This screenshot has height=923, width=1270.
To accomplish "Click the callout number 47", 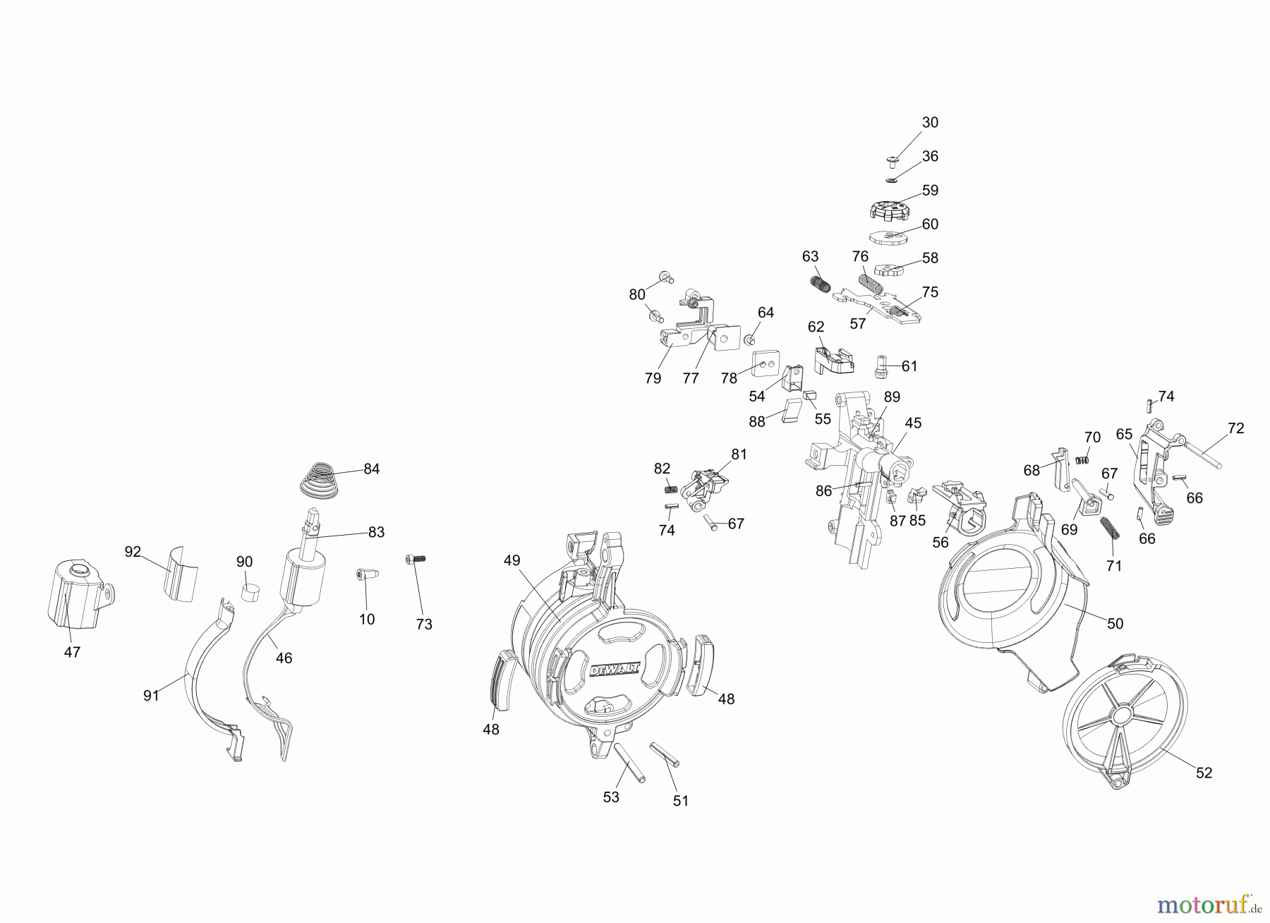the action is [72, 653].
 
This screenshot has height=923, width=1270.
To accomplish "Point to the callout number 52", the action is [1204, 773].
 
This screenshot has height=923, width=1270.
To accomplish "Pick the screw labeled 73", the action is [416, 559].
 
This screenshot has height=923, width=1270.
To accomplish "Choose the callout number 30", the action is [930, 123].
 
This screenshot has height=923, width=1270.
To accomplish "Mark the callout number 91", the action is [151, 695].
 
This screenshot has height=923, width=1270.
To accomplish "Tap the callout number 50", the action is [1115, 624].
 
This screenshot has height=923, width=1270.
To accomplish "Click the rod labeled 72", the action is [1208, 453].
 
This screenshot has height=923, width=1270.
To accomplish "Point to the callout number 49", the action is [512, 560].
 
